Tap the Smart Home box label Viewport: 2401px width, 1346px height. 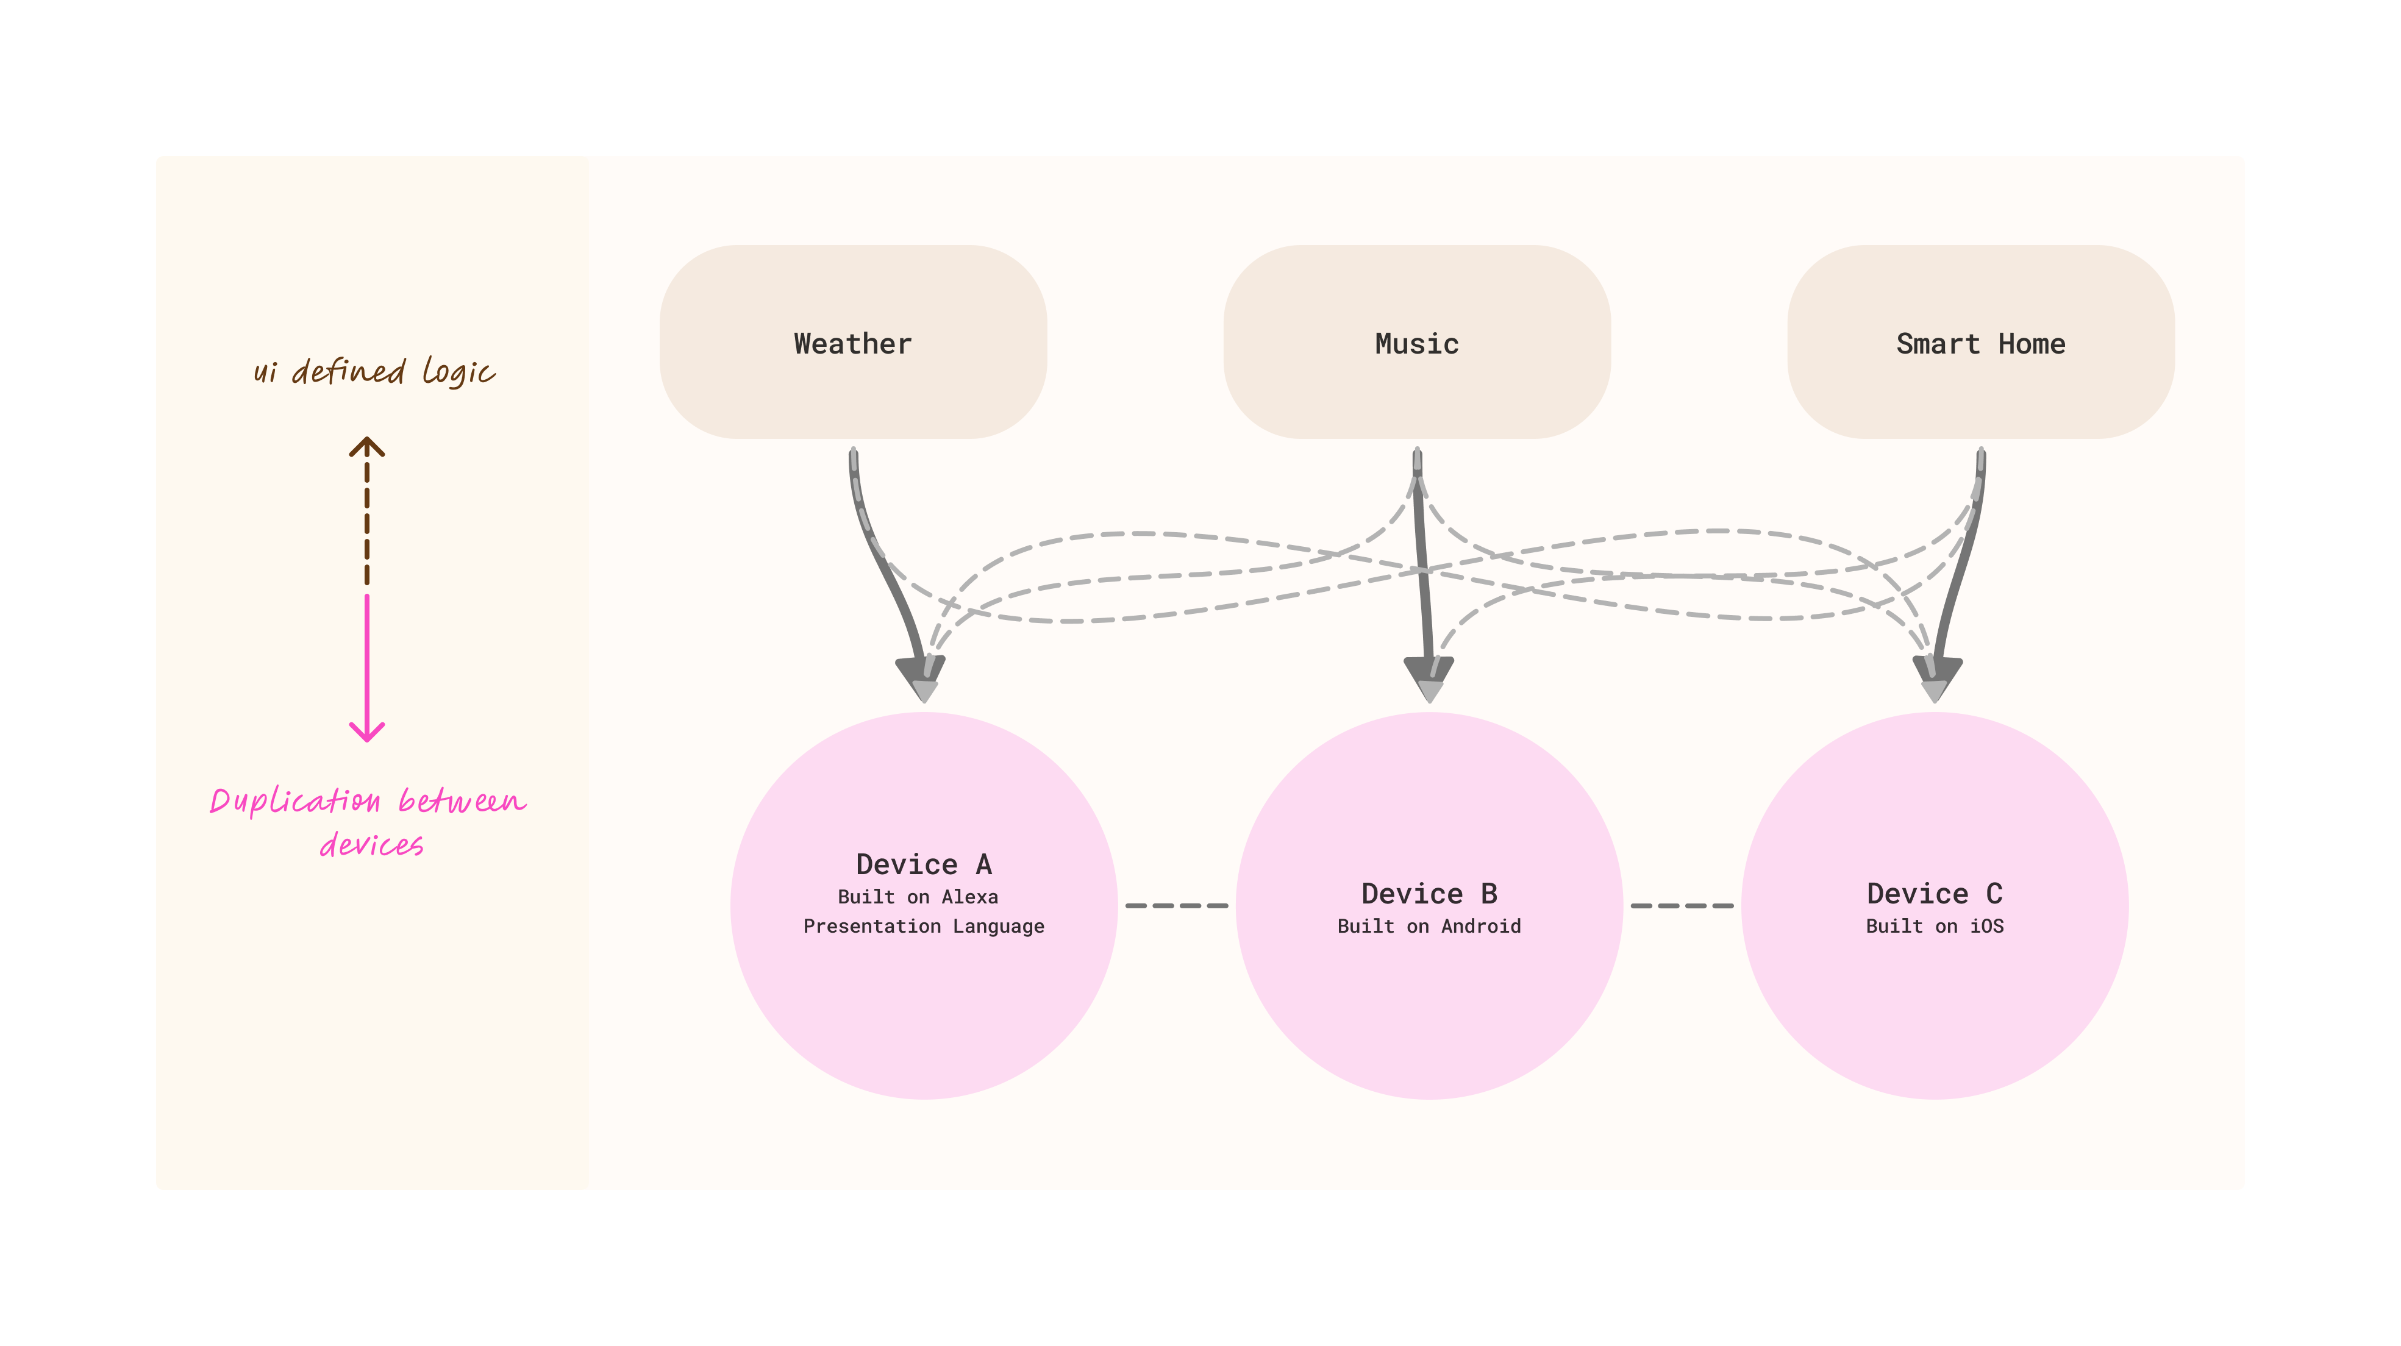click(x=1981, y=344)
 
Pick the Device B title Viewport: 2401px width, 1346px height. click(x=1429, y=893)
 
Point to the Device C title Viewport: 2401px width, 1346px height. click(x=1934, y=893)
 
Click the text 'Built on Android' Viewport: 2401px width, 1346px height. click(x=1429, y=925)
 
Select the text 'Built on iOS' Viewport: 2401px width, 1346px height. click(x=1934, y=925)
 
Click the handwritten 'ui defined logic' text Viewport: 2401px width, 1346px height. click(x=373, y=371)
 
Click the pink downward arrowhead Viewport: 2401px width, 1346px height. click(x=367, y=732)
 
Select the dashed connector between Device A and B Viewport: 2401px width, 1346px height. click(x=1176, y=905)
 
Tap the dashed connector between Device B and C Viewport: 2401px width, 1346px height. click(x=1682, y=905)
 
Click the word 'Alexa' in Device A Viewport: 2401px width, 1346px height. click(x=969, y=897)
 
